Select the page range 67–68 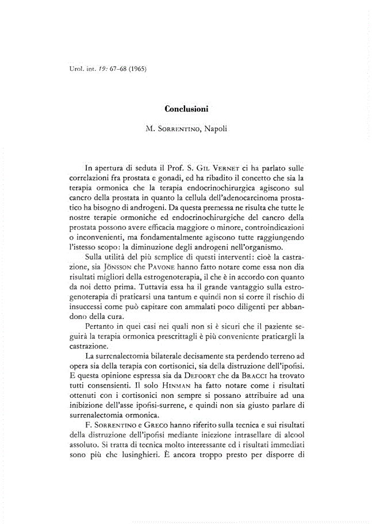click(111, 70)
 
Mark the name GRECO click(151, 421)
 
